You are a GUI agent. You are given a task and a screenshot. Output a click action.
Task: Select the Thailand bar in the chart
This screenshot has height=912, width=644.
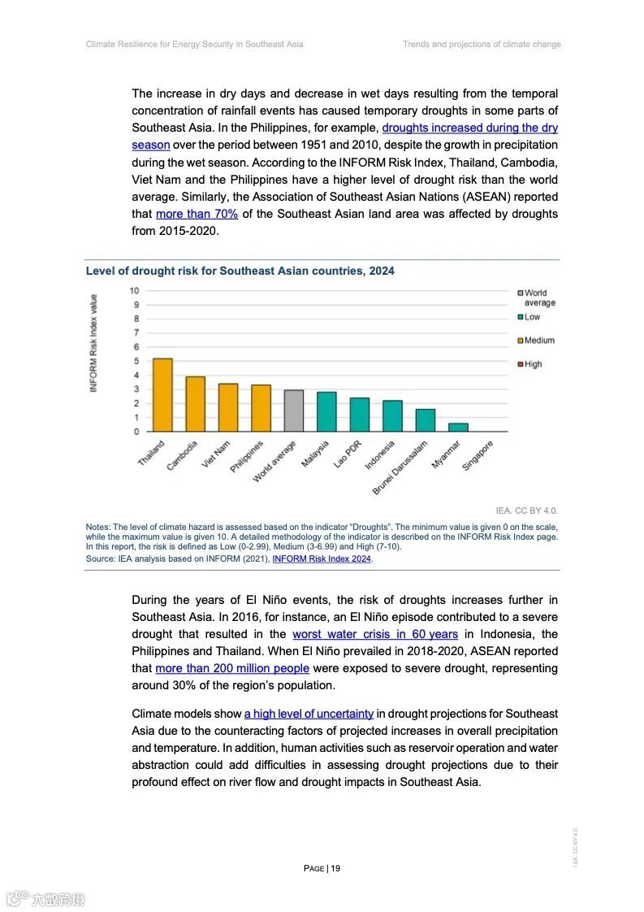tap(162, 395)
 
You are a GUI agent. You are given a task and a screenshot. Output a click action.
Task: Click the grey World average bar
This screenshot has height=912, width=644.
tap(294, 411)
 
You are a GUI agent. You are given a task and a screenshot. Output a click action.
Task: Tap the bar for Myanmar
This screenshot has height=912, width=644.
tap(458, 427)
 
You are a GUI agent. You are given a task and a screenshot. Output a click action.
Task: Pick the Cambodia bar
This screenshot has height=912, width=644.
tap(196, 404)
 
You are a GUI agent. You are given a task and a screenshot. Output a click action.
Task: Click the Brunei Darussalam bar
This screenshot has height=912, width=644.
tap(426, 420)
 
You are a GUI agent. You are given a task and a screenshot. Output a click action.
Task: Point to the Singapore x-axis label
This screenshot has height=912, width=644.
tap(478, 455)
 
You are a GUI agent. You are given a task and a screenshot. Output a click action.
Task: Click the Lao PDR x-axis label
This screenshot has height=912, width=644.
tap(347, 455)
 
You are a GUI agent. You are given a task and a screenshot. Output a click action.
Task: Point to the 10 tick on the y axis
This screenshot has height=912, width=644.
tap(134, 291)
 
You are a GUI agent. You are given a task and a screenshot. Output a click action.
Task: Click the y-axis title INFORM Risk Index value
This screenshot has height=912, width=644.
tap(93, 344)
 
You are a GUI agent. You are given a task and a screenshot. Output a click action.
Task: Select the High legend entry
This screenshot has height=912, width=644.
tap(532, 364)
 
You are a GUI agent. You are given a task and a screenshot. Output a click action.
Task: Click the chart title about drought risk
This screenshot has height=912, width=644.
tap(240, 271)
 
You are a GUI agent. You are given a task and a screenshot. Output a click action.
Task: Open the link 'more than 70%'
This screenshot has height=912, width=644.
tap(197, 214)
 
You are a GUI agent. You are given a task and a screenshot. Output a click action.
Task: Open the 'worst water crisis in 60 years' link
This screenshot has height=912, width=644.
tap(375, 634)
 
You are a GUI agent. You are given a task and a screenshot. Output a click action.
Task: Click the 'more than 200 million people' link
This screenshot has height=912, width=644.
tap(232, 668)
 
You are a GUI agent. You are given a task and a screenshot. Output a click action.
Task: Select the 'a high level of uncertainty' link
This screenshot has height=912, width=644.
tap(309, 714)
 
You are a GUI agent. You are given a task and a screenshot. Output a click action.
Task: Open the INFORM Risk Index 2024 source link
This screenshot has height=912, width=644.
tap(322, 558)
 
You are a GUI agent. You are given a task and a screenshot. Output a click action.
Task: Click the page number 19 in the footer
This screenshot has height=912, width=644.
tap(322, 868)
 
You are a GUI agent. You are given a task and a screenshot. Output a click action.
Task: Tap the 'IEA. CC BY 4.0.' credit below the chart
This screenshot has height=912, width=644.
tap(527, 510)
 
